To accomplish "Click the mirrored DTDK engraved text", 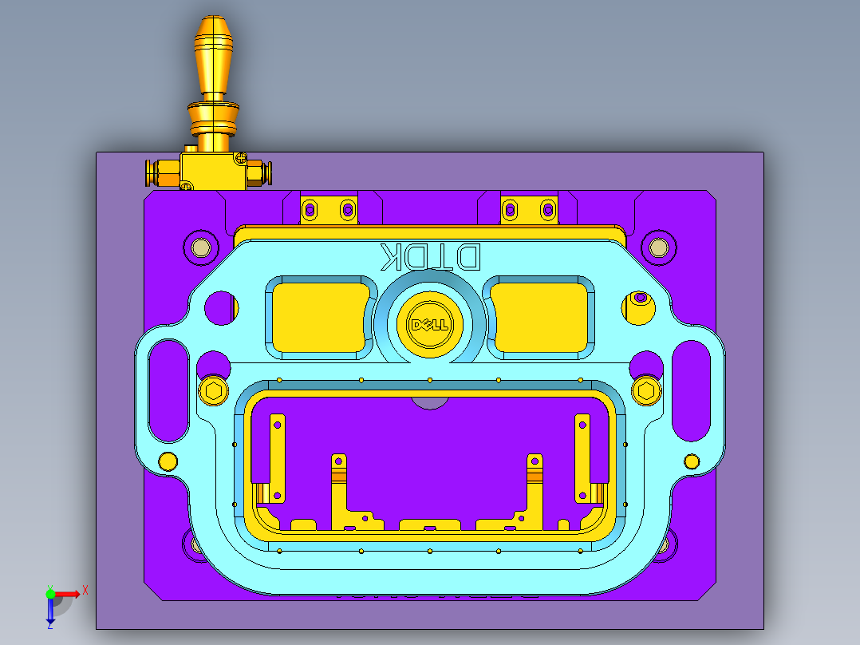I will pos(430,256).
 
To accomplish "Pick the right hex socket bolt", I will pos(647,390).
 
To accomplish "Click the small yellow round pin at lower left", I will pos(168,461).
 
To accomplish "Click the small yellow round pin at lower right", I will pos(692,461).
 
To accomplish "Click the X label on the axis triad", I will pos(85,590).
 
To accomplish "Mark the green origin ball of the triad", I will pos(50,594).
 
